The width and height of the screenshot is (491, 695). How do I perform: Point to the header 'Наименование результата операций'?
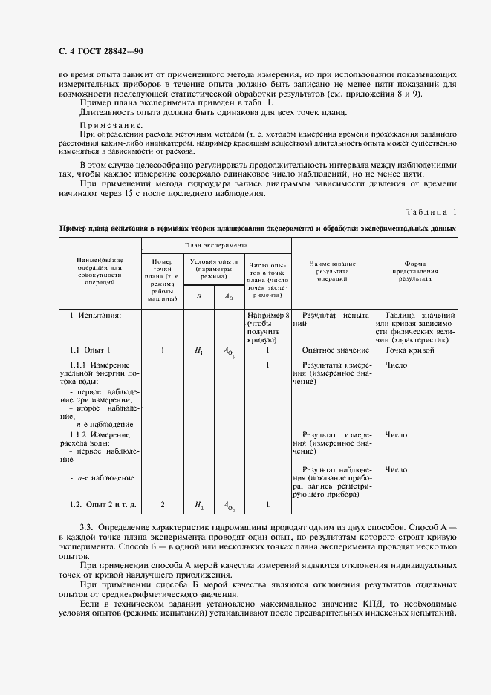(332, 272)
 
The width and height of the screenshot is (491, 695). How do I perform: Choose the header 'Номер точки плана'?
(162, 279)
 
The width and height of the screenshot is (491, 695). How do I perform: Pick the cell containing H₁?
(198, 350)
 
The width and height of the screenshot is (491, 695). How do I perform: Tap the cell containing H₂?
(198, 505)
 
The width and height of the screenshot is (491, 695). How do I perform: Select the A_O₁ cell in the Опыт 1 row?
(229, 350)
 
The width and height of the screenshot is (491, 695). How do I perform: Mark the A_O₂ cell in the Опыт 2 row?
(229, 506)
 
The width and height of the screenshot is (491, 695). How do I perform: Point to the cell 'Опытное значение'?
(336, 350)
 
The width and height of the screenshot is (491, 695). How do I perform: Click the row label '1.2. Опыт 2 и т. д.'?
(103, 505)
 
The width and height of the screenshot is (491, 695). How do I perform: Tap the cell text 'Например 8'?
(267, 316)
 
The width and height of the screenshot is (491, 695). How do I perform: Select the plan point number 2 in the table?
(162, 505)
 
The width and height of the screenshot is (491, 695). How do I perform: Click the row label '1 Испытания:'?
(96, 316)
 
